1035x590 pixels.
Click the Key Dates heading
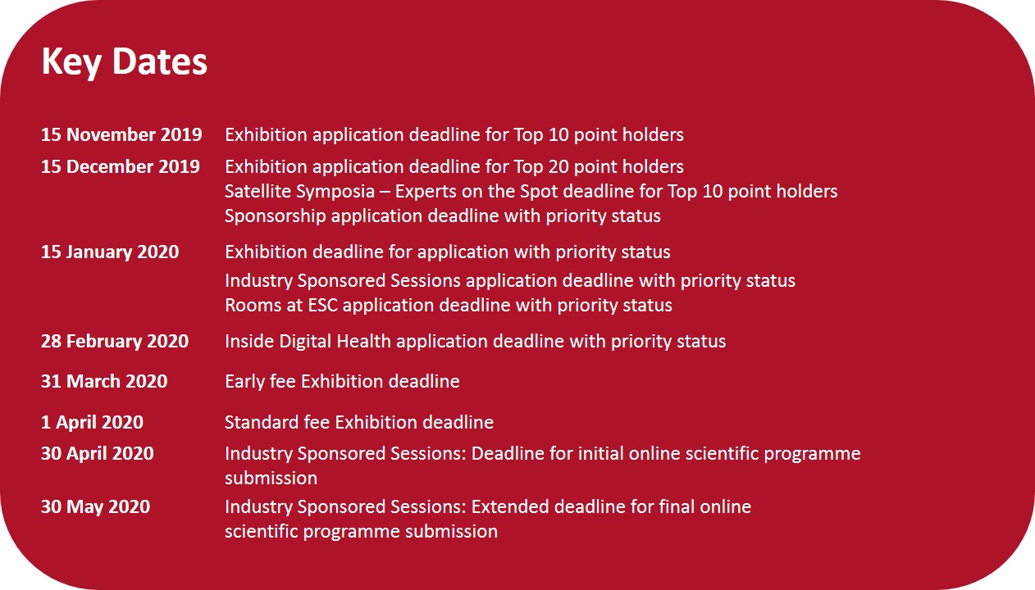(125, 61)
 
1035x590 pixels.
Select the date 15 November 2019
(121, 135)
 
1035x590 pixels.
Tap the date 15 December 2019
(120, 166)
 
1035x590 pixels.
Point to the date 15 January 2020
(110, 252)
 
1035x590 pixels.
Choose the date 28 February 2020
(115, 342)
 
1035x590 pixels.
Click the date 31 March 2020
(104, 381)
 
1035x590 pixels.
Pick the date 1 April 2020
(93, 422)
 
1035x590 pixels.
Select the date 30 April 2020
(98, 453)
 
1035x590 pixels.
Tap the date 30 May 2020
(96, 507)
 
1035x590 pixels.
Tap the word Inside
(249, 342)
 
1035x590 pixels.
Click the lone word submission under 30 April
(271, 479)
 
